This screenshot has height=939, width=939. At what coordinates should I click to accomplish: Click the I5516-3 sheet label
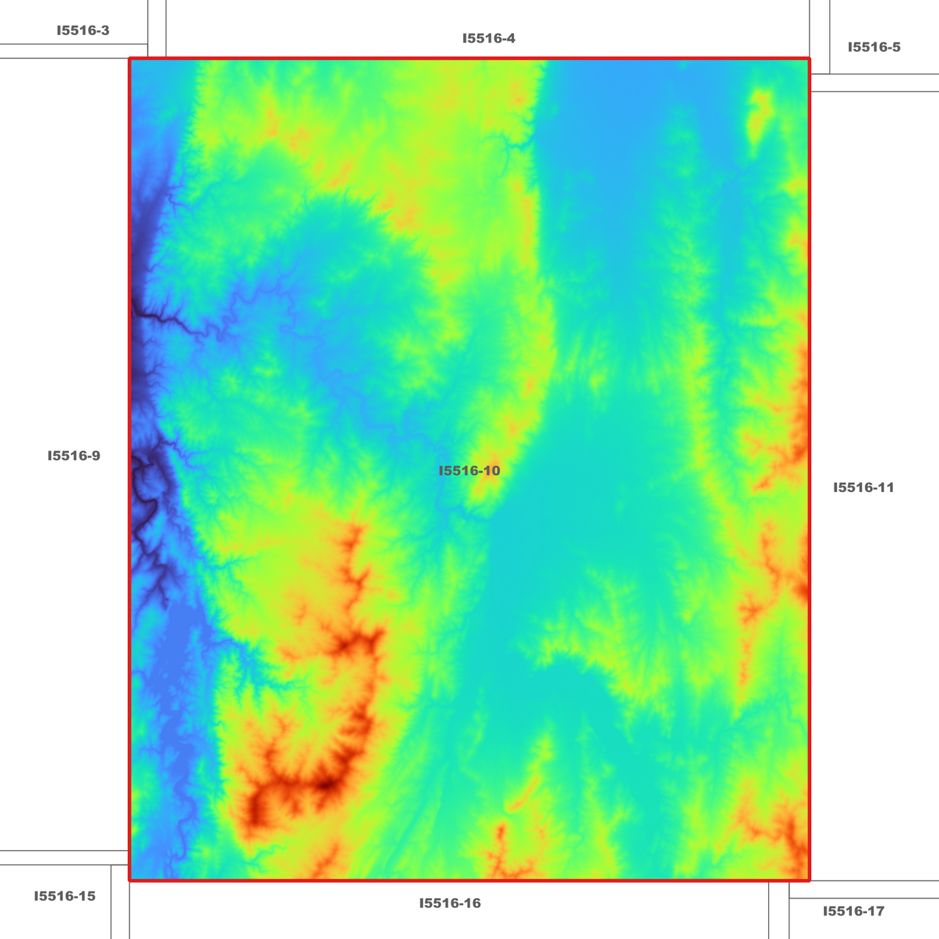[x=83, y=31]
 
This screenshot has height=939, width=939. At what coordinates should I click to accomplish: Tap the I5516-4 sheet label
[x=489, y=38]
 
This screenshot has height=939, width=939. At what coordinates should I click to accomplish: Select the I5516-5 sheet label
[x=874, y=47]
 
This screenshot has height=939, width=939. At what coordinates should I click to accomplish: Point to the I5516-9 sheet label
[x=73, y=456]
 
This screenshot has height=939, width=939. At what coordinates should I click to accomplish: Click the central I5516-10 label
[x=469, y=470]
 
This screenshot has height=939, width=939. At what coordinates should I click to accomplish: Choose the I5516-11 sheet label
[x=864, y=487]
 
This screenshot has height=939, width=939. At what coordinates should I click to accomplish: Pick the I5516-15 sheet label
[x=64, y=896]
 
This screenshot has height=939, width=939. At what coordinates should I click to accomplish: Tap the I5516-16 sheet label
[x=450, y=903]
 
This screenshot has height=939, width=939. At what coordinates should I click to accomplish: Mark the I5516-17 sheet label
[x=853, y=911]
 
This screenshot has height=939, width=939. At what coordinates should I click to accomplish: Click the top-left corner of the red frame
[x=130, y=59]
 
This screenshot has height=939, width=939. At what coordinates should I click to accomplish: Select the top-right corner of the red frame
[x=809, y=59]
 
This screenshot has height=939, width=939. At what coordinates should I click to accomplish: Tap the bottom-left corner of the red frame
[x=130, y=881]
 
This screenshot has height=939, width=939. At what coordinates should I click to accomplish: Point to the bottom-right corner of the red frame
[x=809, y=881]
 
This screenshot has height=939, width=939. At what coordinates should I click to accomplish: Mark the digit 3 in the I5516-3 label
[x=105, y=31]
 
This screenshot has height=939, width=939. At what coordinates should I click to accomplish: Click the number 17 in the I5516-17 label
[x=877, y=911]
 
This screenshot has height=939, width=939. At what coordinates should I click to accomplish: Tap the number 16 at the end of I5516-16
[x=473, y=903]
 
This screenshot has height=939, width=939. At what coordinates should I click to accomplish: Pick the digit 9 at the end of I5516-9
[x=96, y=456]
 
